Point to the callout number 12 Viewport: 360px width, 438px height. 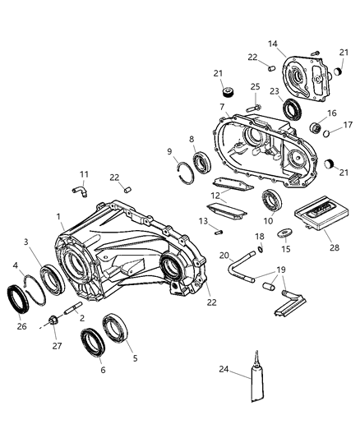[x=215, y=195]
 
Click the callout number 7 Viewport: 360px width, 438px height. [x=222, y=108]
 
